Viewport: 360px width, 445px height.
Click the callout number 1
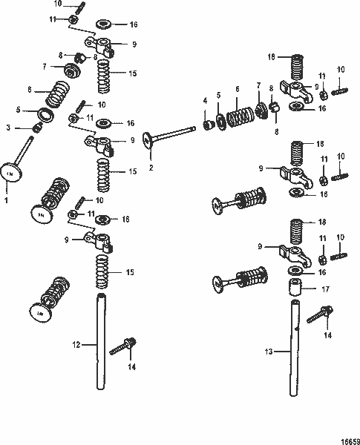(x=7, y=200)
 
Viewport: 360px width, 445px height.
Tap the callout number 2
(x=151, y=168)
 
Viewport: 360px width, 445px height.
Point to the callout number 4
(x=206, y=100)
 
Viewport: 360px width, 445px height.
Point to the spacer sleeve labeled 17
(x=297, y=285)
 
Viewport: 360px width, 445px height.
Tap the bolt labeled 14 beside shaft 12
(x=122, y=346)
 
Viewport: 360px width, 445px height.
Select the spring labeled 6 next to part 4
(x=239, y=119)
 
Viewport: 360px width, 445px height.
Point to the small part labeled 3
(x=35, y=129)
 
